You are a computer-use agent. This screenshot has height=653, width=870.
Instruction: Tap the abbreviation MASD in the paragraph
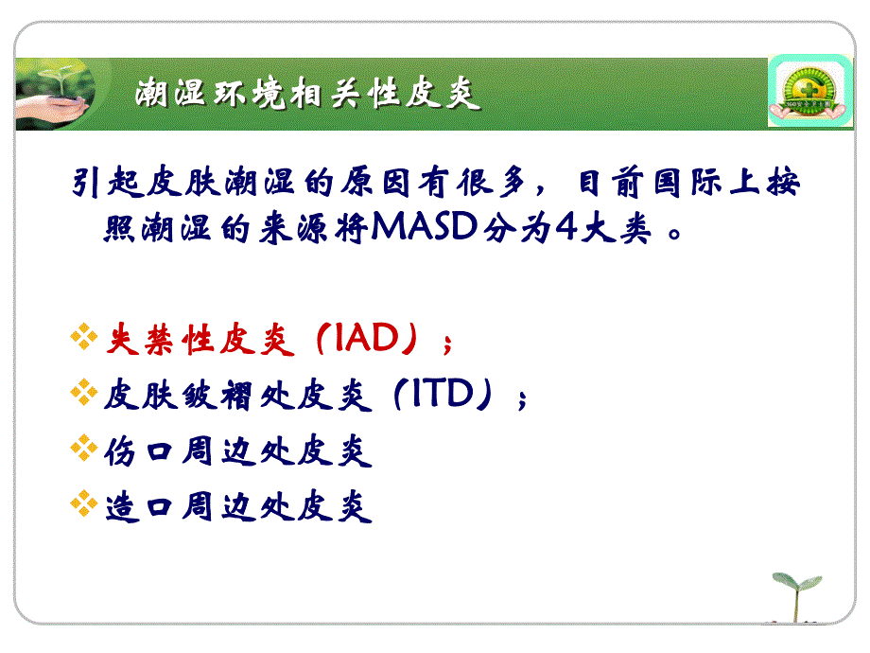[x=425, y=230]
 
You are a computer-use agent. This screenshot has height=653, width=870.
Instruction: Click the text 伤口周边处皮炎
[x=237, y=451]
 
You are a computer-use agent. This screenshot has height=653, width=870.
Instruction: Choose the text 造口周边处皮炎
[x=237, y=506]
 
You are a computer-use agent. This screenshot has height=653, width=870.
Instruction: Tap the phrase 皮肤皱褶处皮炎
[x=237, y=397]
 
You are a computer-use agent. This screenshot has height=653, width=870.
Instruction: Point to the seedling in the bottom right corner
[x=796, y=595]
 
